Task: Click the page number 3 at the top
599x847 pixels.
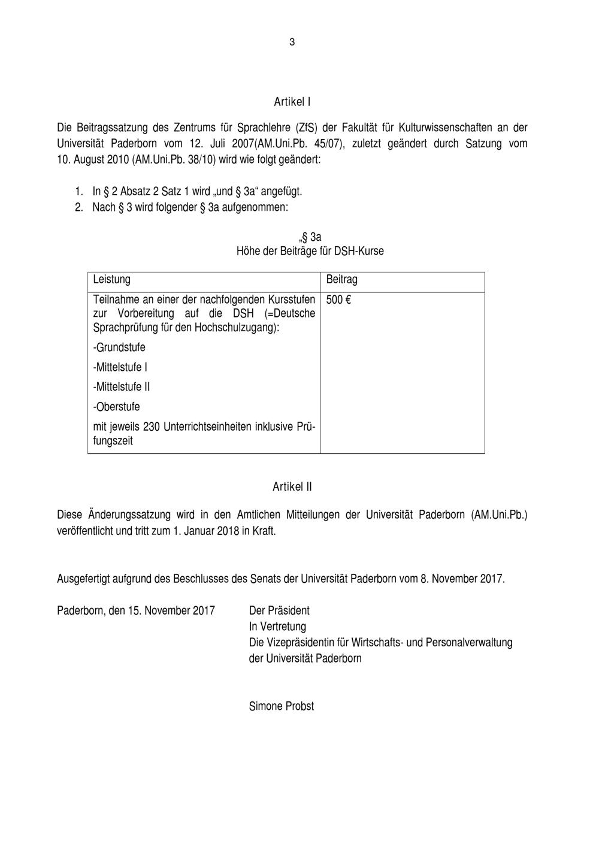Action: click(292, 42)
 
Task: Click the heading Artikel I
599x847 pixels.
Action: click(292, 102)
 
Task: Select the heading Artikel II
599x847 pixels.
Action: click(292, 486)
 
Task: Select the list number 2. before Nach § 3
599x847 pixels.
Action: click(78, 207)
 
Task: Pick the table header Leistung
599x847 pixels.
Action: click(111, 279)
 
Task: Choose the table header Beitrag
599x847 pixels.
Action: click(341, 279)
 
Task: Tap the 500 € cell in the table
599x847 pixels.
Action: click(338, 299)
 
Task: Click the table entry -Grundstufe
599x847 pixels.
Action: click(119, 347)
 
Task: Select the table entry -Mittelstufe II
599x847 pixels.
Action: click(122, 387)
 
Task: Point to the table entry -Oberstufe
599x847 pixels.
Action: click(117, 407)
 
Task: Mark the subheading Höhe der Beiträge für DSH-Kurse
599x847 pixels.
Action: click(310, 251)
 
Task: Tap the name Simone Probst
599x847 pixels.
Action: click(281, 706)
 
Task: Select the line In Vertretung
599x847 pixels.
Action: click(277, 627)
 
